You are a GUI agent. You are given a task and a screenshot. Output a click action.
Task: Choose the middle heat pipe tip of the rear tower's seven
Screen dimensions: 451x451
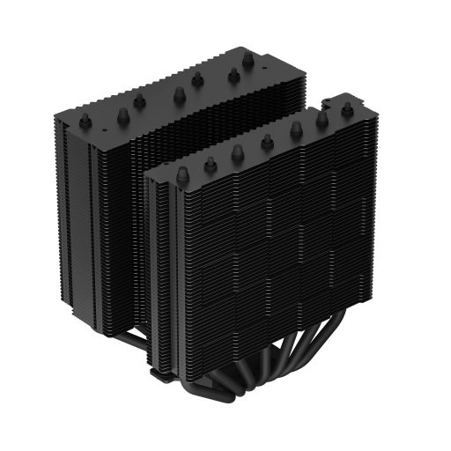[x=179, y=92]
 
